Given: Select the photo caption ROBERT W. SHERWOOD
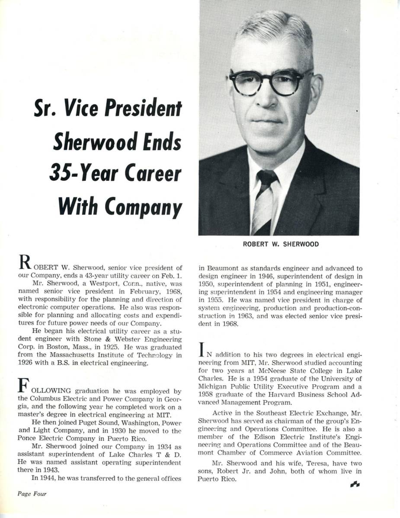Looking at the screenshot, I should [281, 244].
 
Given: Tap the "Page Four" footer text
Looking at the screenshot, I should [32, 494].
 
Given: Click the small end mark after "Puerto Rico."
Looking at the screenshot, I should [354, 485].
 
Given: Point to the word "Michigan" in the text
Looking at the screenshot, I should [214, 387].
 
